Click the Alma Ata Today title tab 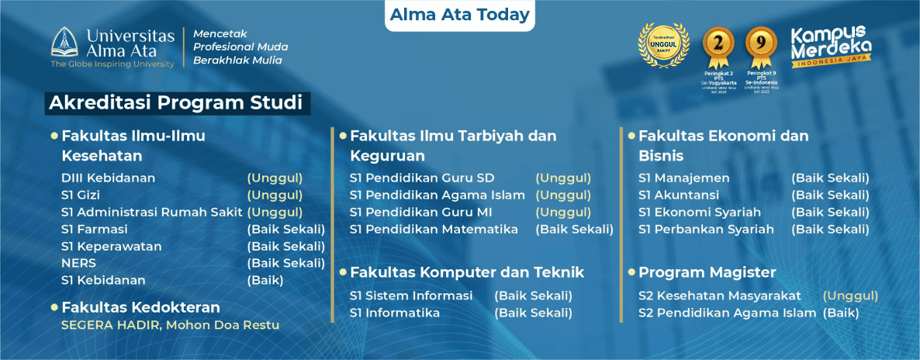460,15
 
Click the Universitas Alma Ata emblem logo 65,43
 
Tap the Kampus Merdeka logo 829,47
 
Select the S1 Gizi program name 81,195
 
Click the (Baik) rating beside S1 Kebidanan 265,280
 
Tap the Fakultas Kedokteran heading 140,307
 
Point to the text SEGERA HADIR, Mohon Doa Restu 170,324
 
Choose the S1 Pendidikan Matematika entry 434,229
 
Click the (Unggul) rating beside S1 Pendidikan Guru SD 563,178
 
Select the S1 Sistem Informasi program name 411,296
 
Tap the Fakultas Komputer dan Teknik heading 467,272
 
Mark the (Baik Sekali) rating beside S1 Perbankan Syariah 830,229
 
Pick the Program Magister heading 707,272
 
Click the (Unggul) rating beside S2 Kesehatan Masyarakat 850,296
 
